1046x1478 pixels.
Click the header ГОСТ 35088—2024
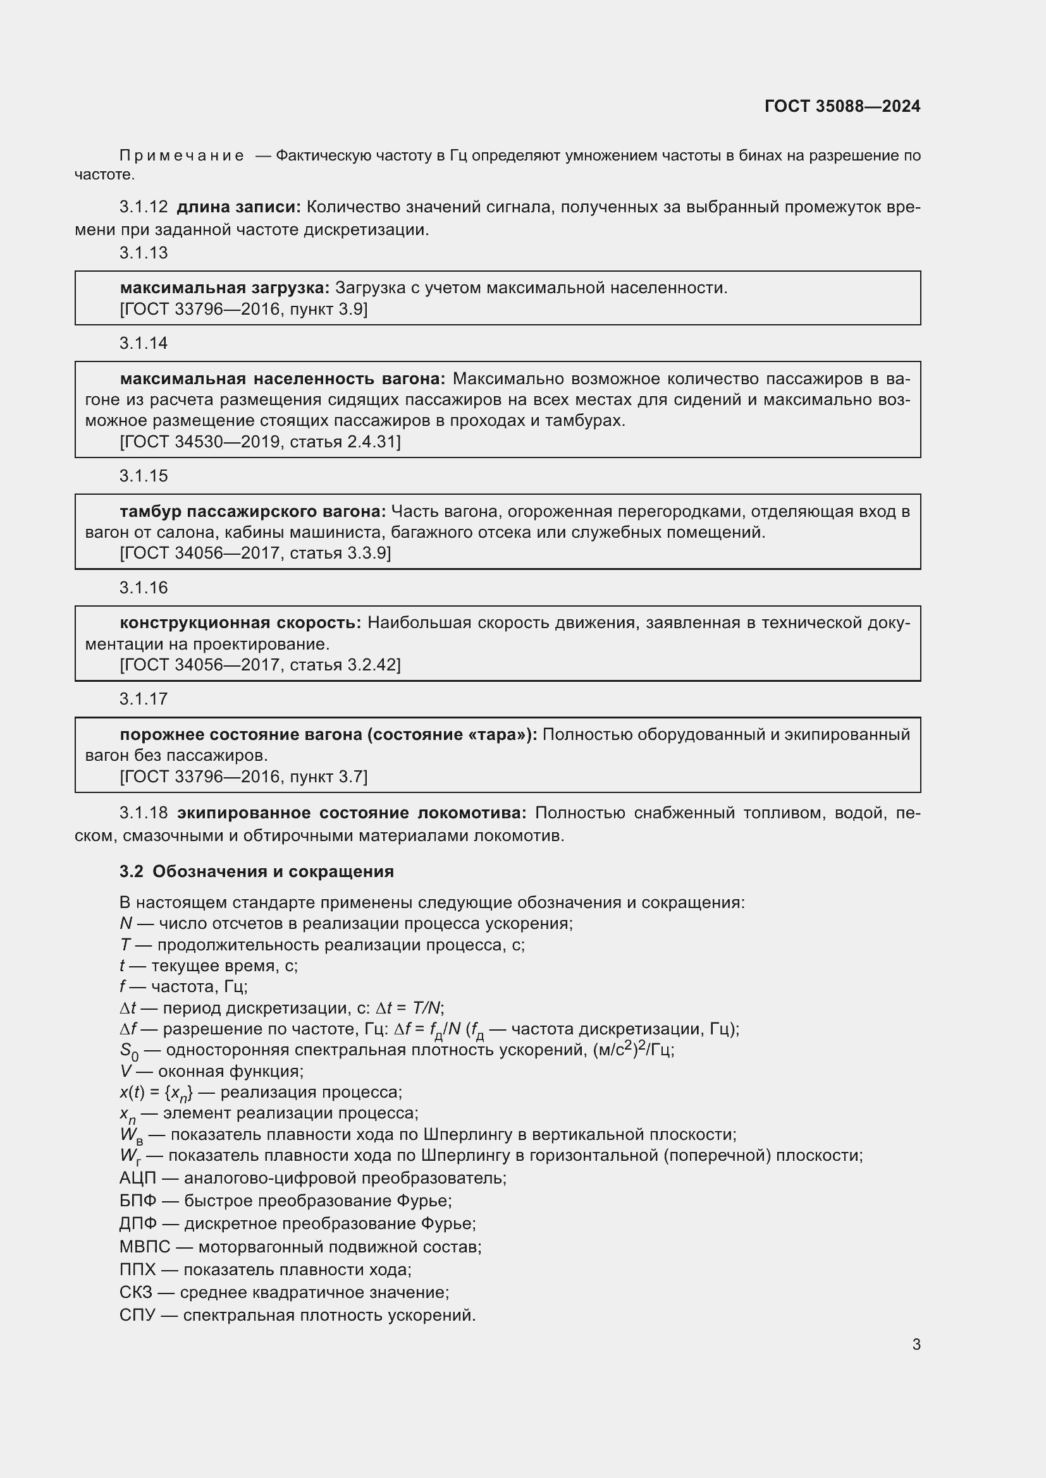click(x=842, y=106)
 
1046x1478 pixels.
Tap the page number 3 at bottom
click(x=916, y=1345)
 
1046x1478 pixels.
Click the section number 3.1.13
click(x=143, y=253)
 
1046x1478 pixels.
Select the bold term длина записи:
click(x=238, y=207)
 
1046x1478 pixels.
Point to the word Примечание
click(x=182, y=156)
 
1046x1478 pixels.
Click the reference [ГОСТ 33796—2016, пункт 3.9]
click(x=243, y=310)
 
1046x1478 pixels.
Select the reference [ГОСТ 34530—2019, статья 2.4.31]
click(x=259, y=442)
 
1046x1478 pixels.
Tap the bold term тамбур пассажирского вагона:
click(x=252, y=512)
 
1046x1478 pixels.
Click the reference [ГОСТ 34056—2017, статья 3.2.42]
click(x=259, y=665)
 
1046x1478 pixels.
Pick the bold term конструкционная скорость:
click(x=240, y=623)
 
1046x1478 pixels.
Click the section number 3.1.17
click(x=143, y=699)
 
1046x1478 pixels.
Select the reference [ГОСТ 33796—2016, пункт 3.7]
click(x=243, y=777)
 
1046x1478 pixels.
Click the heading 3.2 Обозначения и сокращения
click(x=256, y=871)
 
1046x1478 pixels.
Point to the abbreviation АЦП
click(x=137, y=1178)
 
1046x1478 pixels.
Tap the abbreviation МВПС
click(x=144, y=1247)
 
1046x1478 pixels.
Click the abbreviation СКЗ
click(x=135, y=1293)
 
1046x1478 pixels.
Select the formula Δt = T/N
click(x=409, y=1008)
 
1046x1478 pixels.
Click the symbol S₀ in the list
click(x=128, y=1051)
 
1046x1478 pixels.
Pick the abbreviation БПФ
click(x=137, y=1201)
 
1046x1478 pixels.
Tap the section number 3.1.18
click(x=143, y=813)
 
